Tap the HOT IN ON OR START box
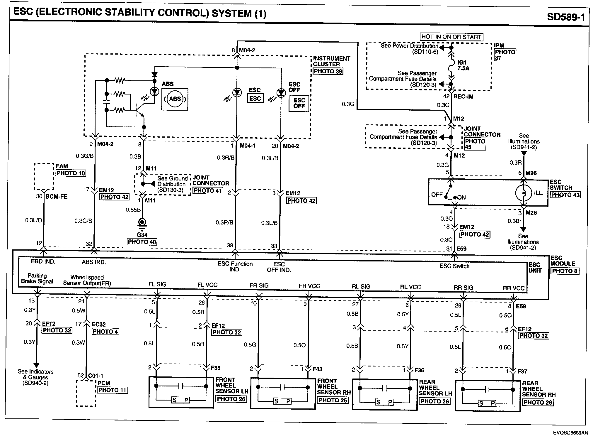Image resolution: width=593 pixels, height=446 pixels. [x=451, y=37]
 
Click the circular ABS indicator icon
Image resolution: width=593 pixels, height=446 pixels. [x=175, y=99]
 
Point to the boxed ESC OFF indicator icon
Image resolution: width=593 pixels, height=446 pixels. [x=299, y=103]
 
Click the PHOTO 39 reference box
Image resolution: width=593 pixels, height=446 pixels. [x=328, y=71]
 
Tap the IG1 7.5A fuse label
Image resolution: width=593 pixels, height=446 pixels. [x=463, y=65]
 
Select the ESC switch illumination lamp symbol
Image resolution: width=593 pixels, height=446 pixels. [x=523, y=193]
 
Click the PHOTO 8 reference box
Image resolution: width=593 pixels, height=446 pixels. [x=565, y=271]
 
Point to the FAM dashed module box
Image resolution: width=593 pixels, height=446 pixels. [x=44, y=177]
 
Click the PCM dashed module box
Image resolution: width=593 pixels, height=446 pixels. [x=86, y=393]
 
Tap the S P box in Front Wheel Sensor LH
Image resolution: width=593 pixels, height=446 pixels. [x=180, y=400]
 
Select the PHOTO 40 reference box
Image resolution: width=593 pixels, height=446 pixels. [x=142, y=242]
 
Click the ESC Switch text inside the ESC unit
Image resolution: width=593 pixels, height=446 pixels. [x=454, y=266]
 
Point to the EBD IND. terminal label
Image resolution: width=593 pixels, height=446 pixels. [x=43, y=261]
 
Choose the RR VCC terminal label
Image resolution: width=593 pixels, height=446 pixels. [x=513, y=288]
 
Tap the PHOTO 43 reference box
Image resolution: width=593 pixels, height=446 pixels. [x=565, y=195]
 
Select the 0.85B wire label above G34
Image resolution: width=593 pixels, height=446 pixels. [x=133, y=210]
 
